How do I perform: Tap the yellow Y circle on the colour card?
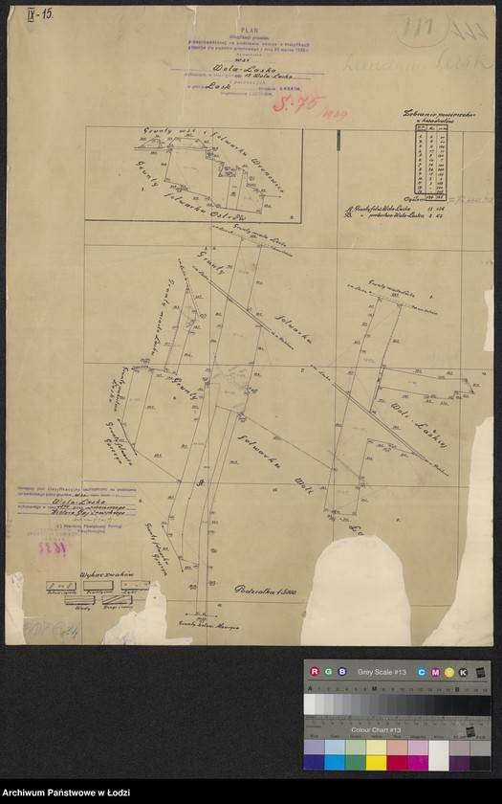pyautogui.click(x=449, y=672)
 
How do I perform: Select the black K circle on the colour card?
pyautogui.click(x=463, y=672)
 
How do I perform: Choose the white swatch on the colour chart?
pyautogui.click(x=439, y=755)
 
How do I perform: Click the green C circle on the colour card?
pyautogui.click(x=423, y=672)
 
